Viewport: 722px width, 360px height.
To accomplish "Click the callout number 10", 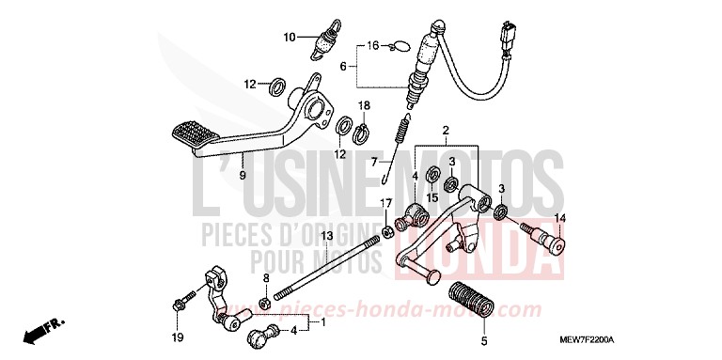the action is [290, 38].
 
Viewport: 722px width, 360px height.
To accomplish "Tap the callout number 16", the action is [372, 45].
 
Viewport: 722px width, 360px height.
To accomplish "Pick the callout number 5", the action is [484, 341].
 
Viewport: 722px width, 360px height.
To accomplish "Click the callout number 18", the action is [363, 105].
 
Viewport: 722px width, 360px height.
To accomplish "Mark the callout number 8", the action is [266, 278].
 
